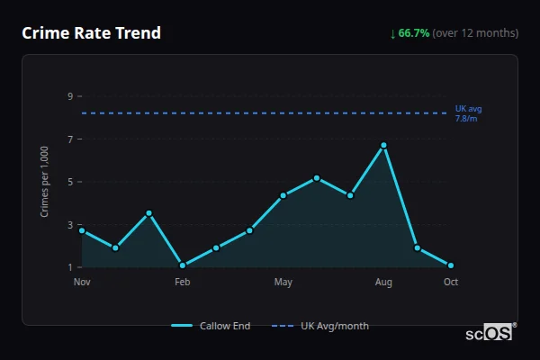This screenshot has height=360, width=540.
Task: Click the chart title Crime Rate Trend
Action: pos(92,33)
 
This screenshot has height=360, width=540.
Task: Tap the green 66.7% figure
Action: pos(416,33)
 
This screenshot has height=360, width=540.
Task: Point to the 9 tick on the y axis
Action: pos(69,96)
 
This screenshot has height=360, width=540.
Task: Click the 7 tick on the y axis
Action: pos(69,139)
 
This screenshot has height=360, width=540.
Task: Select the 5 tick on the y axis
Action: pos(69,182)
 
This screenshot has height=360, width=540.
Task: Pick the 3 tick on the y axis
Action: pos(69,225)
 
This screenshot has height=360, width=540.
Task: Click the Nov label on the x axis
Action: pos(82,283)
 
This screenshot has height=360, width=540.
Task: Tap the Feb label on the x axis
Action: pos(183,283)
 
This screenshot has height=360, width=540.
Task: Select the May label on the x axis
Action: pos(283,283)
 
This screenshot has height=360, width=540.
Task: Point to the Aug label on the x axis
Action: pos(383,283)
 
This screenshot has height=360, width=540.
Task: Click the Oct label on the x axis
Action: pos(451,283)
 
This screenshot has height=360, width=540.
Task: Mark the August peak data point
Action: pos(383,145)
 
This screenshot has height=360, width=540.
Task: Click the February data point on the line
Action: pos(183,265)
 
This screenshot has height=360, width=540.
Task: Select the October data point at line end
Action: pos(451,265)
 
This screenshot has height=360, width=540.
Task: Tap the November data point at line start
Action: pos(82,230)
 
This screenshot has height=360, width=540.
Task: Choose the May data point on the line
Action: pos(283,195)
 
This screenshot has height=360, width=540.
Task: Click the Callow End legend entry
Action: pos(211,326)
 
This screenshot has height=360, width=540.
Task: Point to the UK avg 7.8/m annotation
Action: pos(468,113)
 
